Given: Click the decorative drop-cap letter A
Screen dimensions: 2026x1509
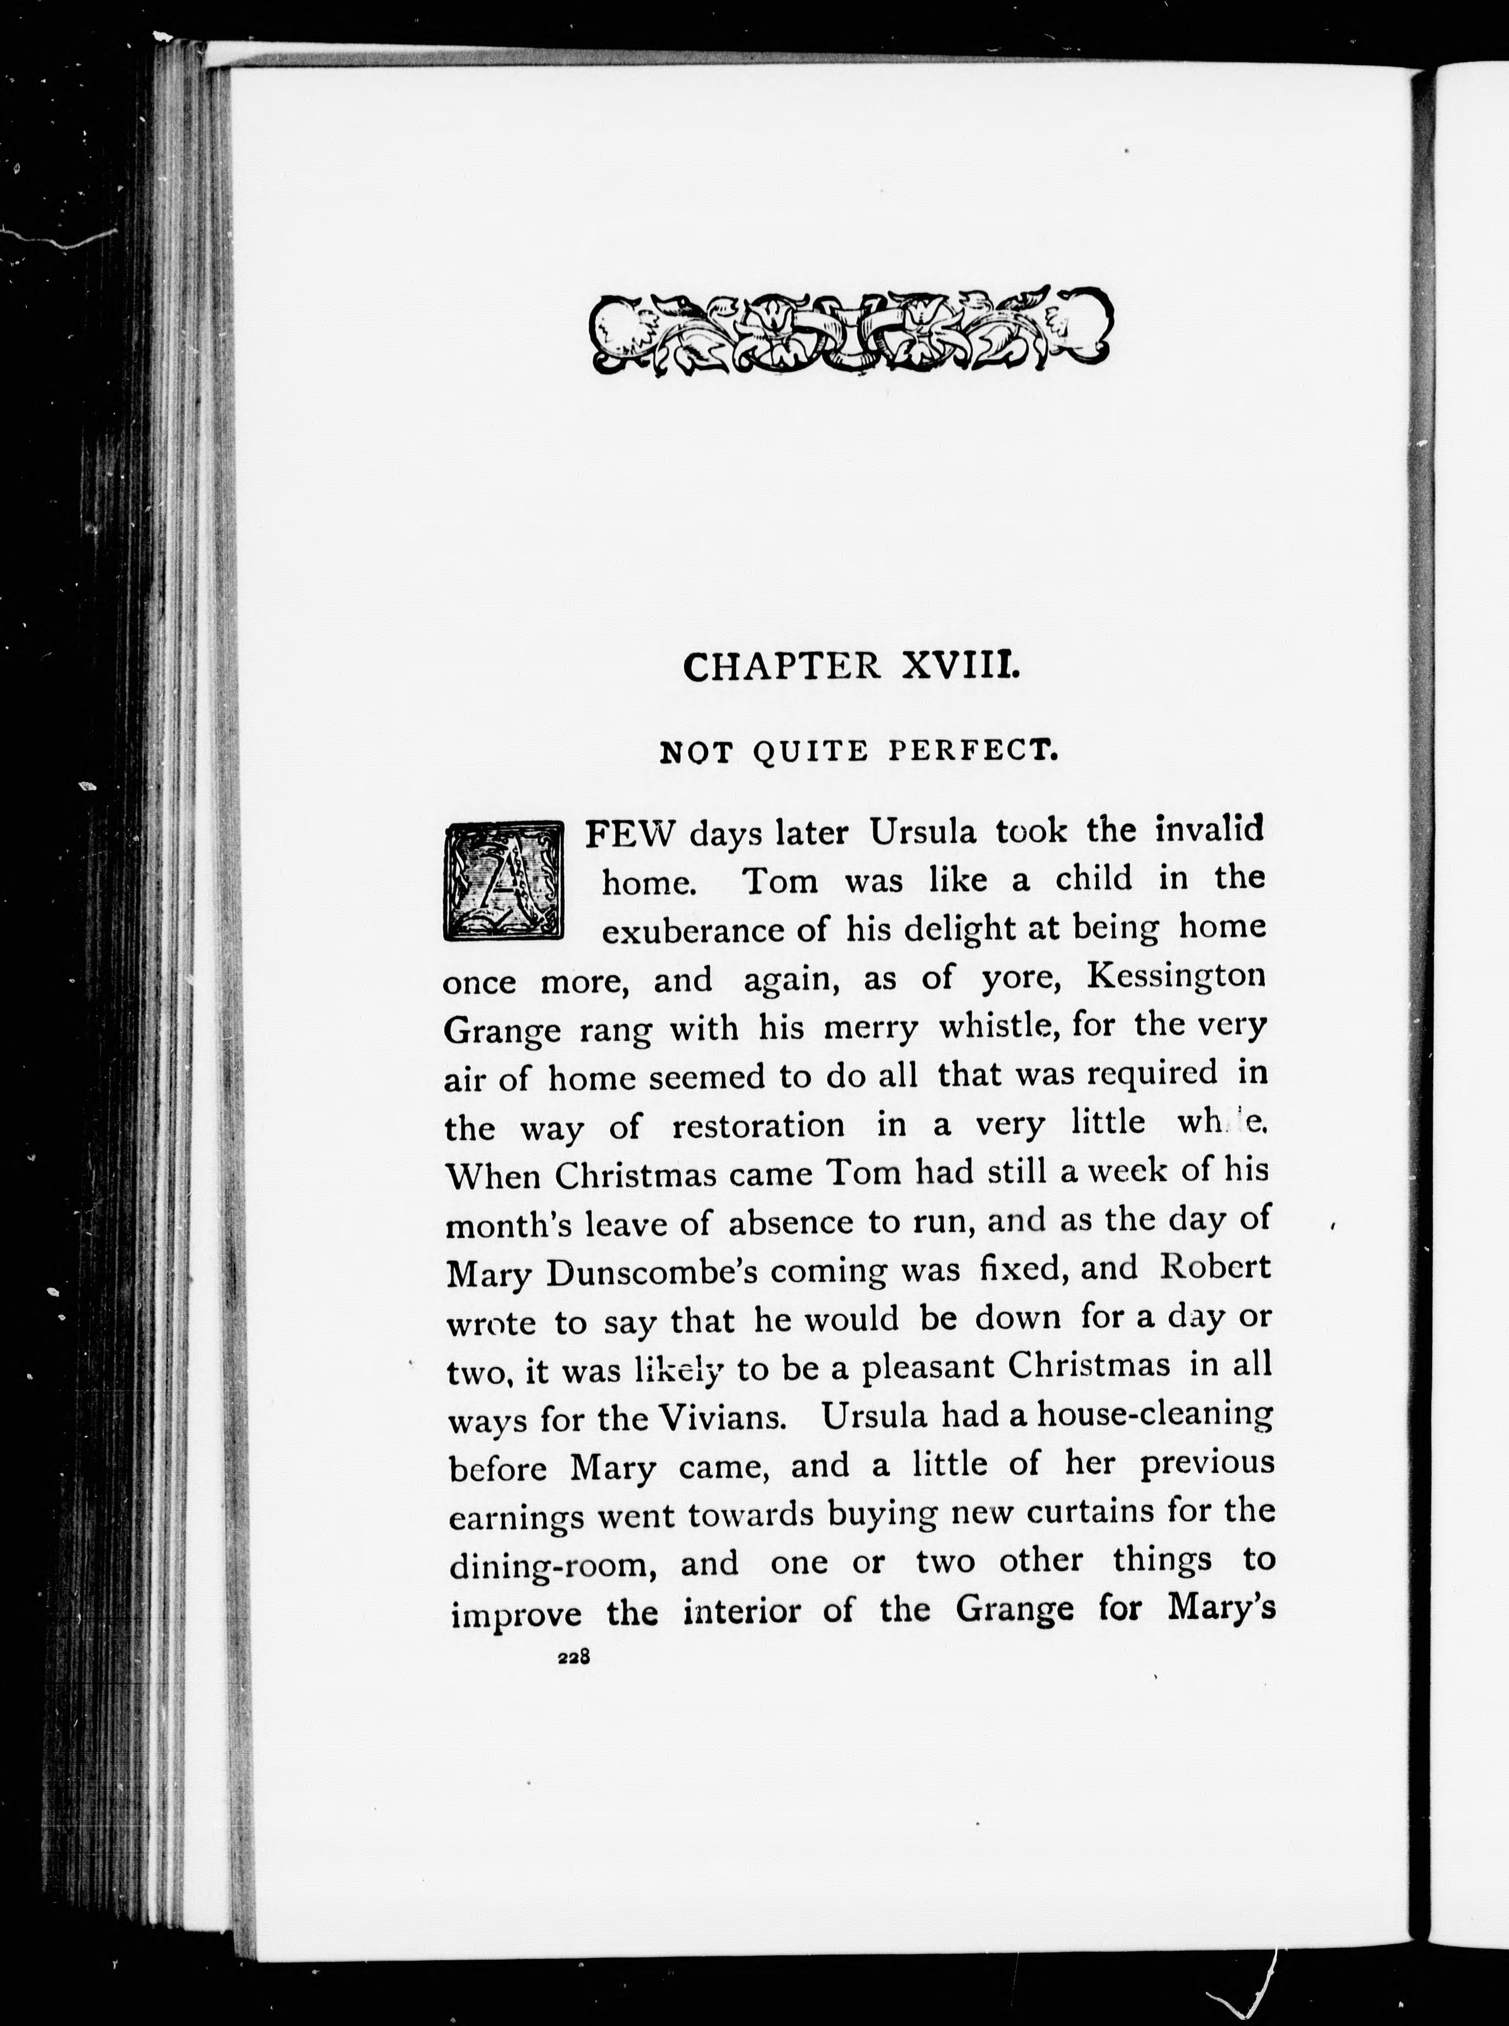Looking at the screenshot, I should (x=504, y=882).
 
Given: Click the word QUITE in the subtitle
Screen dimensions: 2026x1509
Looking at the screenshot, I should (x=810, y=752).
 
